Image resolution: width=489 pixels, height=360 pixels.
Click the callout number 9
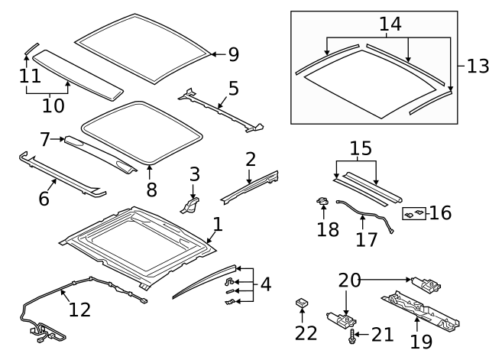click(233, 54)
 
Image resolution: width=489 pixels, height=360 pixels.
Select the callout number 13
click(477, 66)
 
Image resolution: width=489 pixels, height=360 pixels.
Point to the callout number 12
click(79, 309)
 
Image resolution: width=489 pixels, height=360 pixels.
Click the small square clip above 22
click(302, 304)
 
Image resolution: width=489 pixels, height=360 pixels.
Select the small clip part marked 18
click(322, 203)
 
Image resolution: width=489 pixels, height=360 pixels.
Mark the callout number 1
click(218, 225)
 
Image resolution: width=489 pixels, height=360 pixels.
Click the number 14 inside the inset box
click(390, 25)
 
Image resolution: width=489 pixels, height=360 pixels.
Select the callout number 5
click(233, 88)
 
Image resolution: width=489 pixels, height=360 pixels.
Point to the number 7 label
click(45, 139)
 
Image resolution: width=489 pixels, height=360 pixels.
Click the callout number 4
click(265, 285)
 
